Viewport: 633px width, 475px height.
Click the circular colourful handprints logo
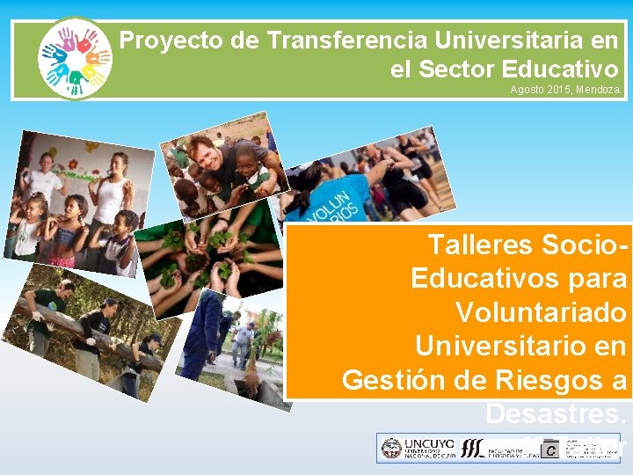click(x=76, y=57)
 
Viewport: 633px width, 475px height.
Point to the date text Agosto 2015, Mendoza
click(x=565, y=90)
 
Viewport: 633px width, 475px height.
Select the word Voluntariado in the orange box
click(x=541, y=313)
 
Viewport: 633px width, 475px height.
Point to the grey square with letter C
click(x=550, y=449)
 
